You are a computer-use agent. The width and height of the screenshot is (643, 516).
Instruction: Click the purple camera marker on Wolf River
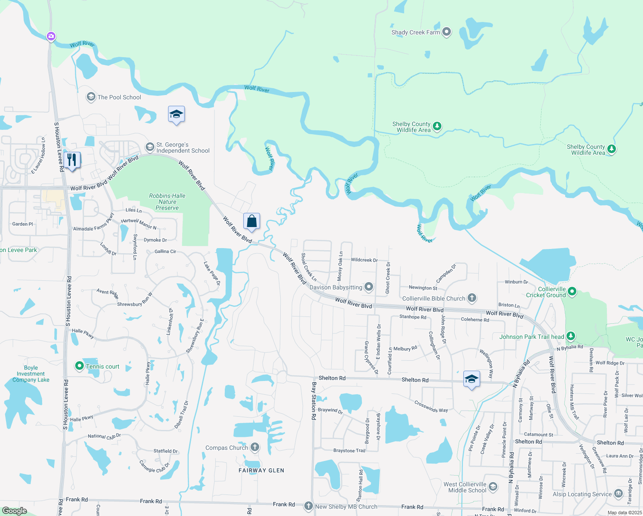[x=51, y=36]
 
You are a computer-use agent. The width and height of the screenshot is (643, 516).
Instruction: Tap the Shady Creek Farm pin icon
[x=447, y=32]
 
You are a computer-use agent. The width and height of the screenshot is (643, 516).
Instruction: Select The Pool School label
[x=119, y=97]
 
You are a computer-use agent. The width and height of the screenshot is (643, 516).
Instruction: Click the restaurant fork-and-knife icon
[x=72, y=160]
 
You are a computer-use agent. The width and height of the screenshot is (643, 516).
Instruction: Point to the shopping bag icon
[x=251, y=221]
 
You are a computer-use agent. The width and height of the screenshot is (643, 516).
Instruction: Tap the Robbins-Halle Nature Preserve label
[x=167, y=202]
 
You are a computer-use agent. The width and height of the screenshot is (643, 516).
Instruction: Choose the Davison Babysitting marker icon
[x=368, y=287]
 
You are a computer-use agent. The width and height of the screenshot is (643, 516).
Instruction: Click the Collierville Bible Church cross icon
[x=472, y=298]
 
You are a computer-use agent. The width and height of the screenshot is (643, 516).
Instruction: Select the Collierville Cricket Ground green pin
[x=572, y=292]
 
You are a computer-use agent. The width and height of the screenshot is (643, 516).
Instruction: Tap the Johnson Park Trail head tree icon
[x=570, y=336]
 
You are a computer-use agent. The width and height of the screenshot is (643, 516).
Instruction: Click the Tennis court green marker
[x=79, y=366]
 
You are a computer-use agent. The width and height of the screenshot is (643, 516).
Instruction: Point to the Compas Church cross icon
[x=255, y=447]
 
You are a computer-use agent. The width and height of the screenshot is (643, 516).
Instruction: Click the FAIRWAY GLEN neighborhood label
[x=261, y=470]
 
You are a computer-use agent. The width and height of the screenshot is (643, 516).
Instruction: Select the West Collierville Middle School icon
[x=493, y=487]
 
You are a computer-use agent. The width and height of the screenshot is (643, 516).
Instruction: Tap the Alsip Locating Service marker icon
[x=618, y=493]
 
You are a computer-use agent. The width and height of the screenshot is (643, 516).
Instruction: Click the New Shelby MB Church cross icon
[x=308, y=506]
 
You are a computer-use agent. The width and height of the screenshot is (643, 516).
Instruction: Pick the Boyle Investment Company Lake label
[x=31, y=374]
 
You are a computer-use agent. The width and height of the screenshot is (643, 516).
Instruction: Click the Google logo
[x=15, y=510]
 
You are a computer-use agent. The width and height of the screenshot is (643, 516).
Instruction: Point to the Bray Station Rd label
[x=314, y=401]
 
